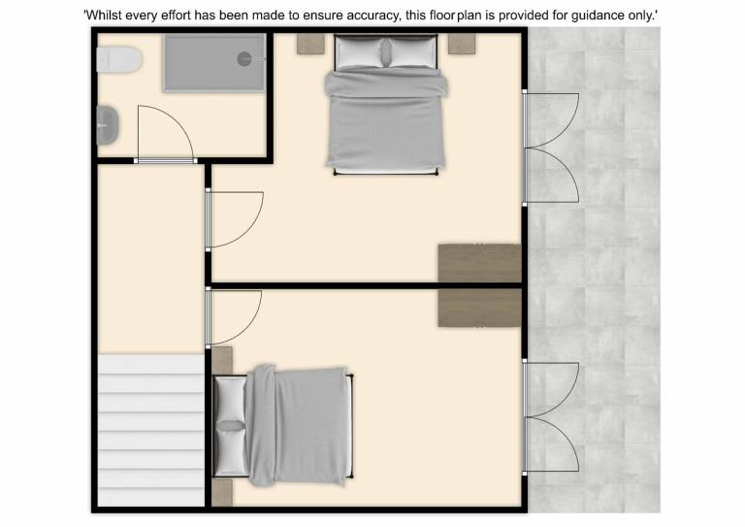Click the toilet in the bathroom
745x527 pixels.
point(119,59)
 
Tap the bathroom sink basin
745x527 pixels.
point(108,125)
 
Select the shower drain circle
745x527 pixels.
point(244,59)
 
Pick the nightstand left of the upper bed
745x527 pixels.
point(310,44)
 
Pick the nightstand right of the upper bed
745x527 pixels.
point(462,44)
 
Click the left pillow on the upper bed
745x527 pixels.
point(359,52)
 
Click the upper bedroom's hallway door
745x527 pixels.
point(235,219)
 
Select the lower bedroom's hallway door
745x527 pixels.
point(234,317)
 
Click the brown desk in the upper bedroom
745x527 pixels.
point(479,263)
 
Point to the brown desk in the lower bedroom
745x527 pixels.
point(479,308)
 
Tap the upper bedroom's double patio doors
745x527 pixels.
point(551,148)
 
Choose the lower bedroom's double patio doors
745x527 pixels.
point(551,417)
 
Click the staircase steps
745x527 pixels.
point(151,430)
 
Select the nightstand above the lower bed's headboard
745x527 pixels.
point(222,360)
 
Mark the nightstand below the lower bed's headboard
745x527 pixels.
point(222,492)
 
